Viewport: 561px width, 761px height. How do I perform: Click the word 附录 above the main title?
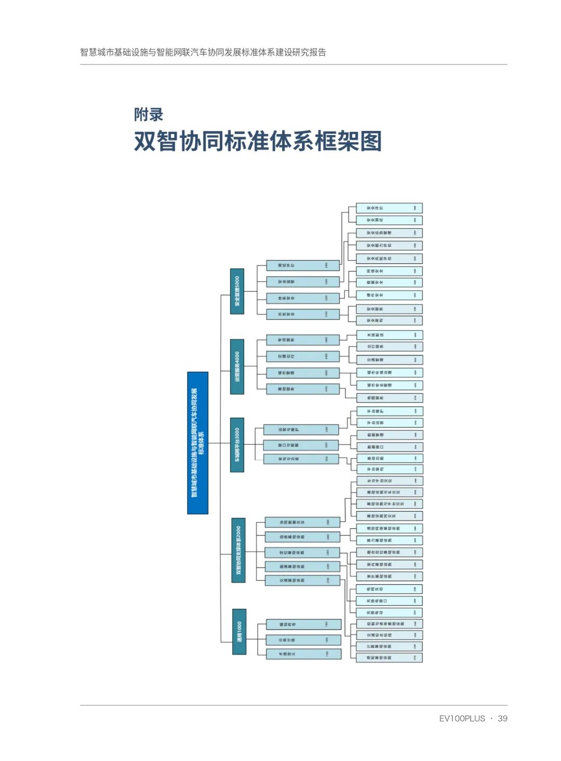(149, 114)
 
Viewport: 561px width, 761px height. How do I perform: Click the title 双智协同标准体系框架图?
(258, 141)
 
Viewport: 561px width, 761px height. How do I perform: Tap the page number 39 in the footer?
(502, 718)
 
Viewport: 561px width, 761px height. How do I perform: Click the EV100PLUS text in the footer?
(462, 718)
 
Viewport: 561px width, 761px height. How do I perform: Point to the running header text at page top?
(203, 52)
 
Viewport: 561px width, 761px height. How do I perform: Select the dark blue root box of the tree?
(197, 443)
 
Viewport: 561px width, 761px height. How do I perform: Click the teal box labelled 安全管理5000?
(237, 291)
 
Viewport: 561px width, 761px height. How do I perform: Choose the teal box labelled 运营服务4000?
(237, 366)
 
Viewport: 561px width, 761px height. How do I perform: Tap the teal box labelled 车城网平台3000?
(237, 445)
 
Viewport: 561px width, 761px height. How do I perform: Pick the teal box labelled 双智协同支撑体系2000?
(238, 550)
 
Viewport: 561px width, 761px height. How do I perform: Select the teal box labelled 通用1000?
(239, 631)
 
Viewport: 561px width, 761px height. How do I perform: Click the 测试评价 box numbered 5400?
(303, 265)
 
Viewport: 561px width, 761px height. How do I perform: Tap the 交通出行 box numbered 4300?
(303, 356)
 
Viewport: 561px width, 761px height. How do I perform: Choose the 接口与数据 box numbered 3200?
(301, 445)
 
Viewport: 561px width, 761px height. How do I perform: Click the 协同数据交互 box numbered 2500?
(302, 523)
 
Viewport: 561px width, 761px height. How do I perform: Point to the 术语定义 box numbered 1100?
(304, 653)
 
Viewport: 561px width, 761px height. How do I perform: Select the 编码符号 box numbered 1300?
(304, 624)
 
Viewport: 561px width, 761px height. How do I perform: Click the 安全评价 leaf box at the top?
(389, 208)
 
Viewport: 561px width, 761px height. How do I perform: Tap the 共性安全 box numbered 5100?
(303, 314)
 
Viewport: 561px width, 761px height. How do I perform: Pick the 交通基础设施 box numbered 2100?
(302, 580)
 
